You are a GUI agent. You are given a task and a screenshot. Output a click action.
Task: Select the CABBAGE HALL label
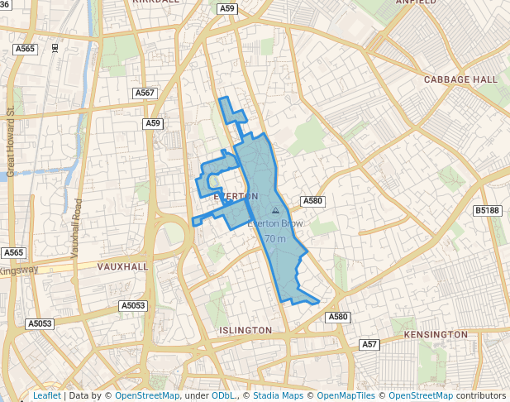click(x=460, y=79)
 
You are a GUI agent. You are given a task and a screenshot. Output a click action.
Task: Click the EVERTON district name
click(x=236, y=196)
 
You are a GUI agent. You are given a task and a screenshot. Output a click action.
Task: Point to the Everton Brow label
click(x=275, y=223)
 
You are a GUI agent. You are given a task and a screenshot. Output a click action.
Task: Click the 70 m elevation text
click(x=275, y=239)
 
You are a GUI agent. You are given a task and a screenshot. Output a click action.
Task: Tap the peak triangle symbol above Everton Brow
click(x=275, y=211)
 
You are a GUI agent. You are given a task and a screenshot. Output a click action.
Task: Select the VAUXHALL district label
click(x=122, y=267)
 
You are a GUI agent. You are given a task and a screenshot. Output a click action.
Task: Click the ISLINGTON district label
click(x=245, y=330)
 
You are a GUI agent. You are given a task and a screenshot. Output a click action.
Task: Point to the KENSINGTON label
click(x=436, y=334)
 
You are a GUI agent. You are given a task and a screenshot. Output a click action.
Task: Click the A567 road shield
click(x=145, y=93)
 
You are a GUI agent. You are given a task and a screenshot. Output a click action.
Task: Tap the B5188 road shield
click(x=487, y=211)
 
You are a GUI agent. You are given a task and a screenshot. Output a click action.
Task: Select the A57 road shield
click(x=369, y=344)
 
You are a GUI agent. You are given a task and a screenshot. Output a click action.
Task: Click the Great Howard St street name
click(x=11, y=141)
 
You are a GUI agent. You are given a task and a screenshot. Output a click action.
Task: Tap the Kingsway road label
click(x=18, y=270)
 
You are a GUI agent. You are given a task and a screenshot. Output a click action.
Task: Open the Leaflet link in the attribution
click(x=46, y=395)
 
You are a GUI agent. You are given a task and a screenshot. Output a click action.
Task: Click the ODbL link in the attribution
click(x=223, y=395)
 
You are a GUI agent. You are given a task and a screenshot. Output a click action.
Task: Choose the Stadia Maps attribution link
click(x=278, y=395)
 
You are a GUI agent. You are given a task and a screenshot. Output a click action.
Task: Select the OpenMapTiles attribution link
click(x=346, y=395)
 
